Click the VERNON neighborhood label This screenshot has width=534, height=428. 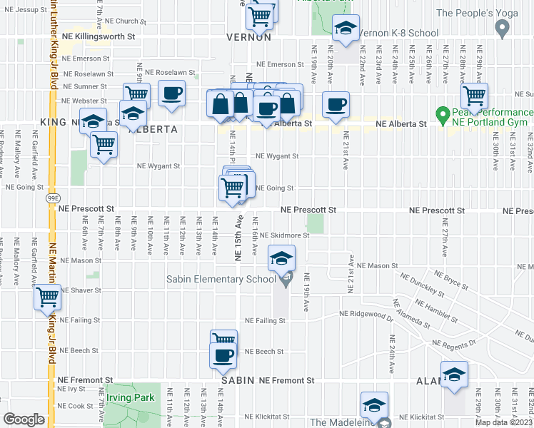coord(248,37)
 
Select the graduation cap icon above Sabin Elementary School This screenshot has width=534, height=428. coord(282,258)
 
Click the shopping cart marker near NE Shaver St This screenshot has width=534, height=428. coord(47,296)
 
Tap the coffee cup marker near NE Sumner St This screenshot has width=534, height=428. coord(171,93)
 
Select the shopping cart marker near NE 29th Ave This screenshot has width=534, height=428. coord(474,96)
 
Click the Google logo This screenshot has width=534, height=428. coord(24,419)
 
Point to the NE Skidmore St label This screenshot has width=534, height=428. coord(284,235)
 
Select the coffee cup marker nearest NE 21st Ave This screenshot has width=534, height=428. coord(335,105)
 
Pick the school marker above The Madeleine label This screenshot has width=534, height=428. coord(374,405)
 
